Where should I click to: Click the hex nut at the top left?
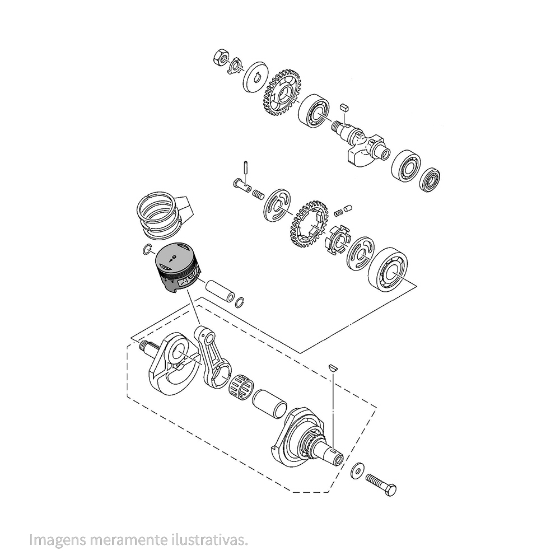click(221, 57)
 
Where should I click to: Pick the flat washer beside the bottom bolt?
click(356, 472)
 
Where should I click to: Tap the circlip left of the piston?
click(148, 250)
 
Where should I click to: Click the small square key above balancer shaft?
click(344, 106)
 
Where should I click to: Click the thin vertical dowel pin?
click(245, 167)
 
